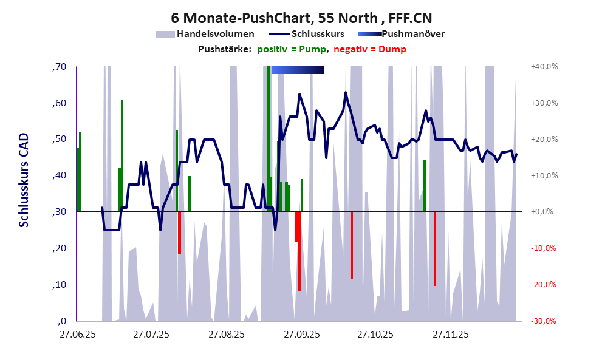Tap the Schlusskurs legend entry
click(x=318, y=34)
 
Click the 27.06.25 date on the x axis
click(x=77, y=334)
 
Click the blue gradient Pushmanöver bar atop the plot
click(x=298, y=70)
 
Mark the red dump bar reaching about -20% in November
click(x=435, y=249)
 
